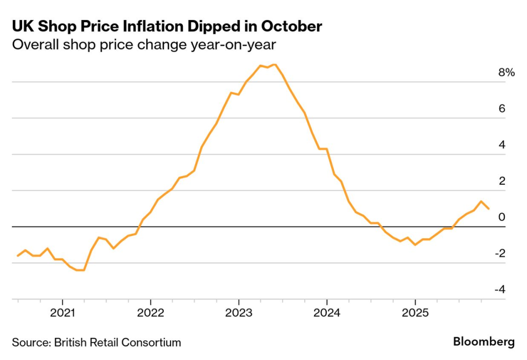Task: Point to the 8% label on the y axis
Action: click(x=506, y=73)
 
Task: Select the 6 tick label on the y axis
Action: click(x=502, y=109)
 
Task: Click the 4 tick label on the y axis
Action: click(x=502, y=145)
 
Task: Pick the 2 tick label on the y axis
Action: click(x=502, y=181)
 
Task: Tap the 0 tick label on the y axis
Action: click(x=502, y=217)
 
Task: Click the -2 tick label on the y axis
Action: click(x=500, y=253)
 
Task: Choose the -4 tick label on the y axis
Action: click(x=500, y=289)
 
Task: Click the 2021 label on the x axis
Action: click(x=62, y=312)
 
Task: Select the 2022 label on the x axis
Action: click(x=150, y=312)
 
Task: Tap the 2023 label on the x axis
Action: click(x=238, y=312)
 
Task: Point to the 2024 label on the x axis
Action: click(x=327, y=312)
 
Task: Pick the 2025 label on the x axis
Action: click(x=415, y=312)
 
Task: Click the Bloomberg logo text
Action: click(x=484, y=341)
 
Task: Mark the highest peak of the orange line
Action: click(x=275, y=64)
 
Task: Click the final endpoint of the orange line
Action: click(x=488, y=209)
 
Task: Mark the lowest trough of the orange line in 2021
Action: click(x=81, y=270)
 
